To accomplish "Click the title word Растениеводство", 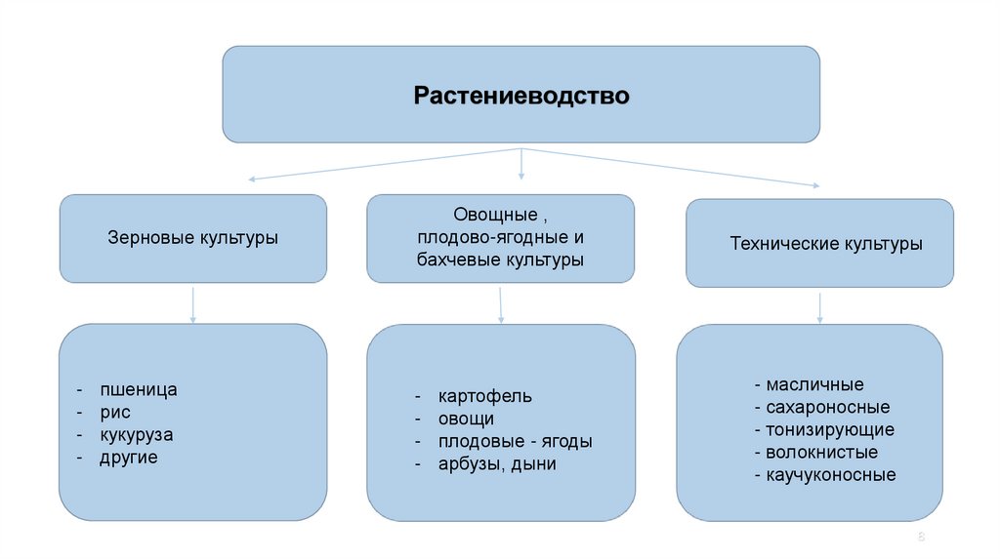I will (521, 97).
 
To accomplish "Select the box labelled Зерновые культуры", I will (192, 238).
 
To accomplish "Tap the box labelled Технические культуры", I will (819, 244).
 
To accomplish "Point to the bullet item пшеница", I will (138, 390).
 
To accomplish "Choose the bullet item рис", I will (114, 413).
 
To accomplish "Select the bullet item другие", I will (128, 458).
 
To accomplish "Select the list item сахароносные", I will (827, 408).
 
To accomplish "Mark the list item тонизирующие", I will (829, 430).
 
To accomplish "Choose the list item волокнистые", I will (821, 453).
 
